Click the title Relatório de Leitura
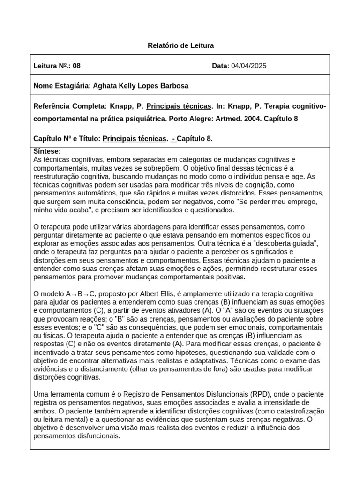click(180, 45)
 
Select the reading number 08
click(77, 66)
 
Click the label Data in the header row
click(219, 66)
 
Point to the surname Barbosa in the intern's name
click(174, 86)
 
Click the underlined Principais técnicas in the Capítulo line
click(134, 139)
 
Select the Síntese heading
click(47, 151)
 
